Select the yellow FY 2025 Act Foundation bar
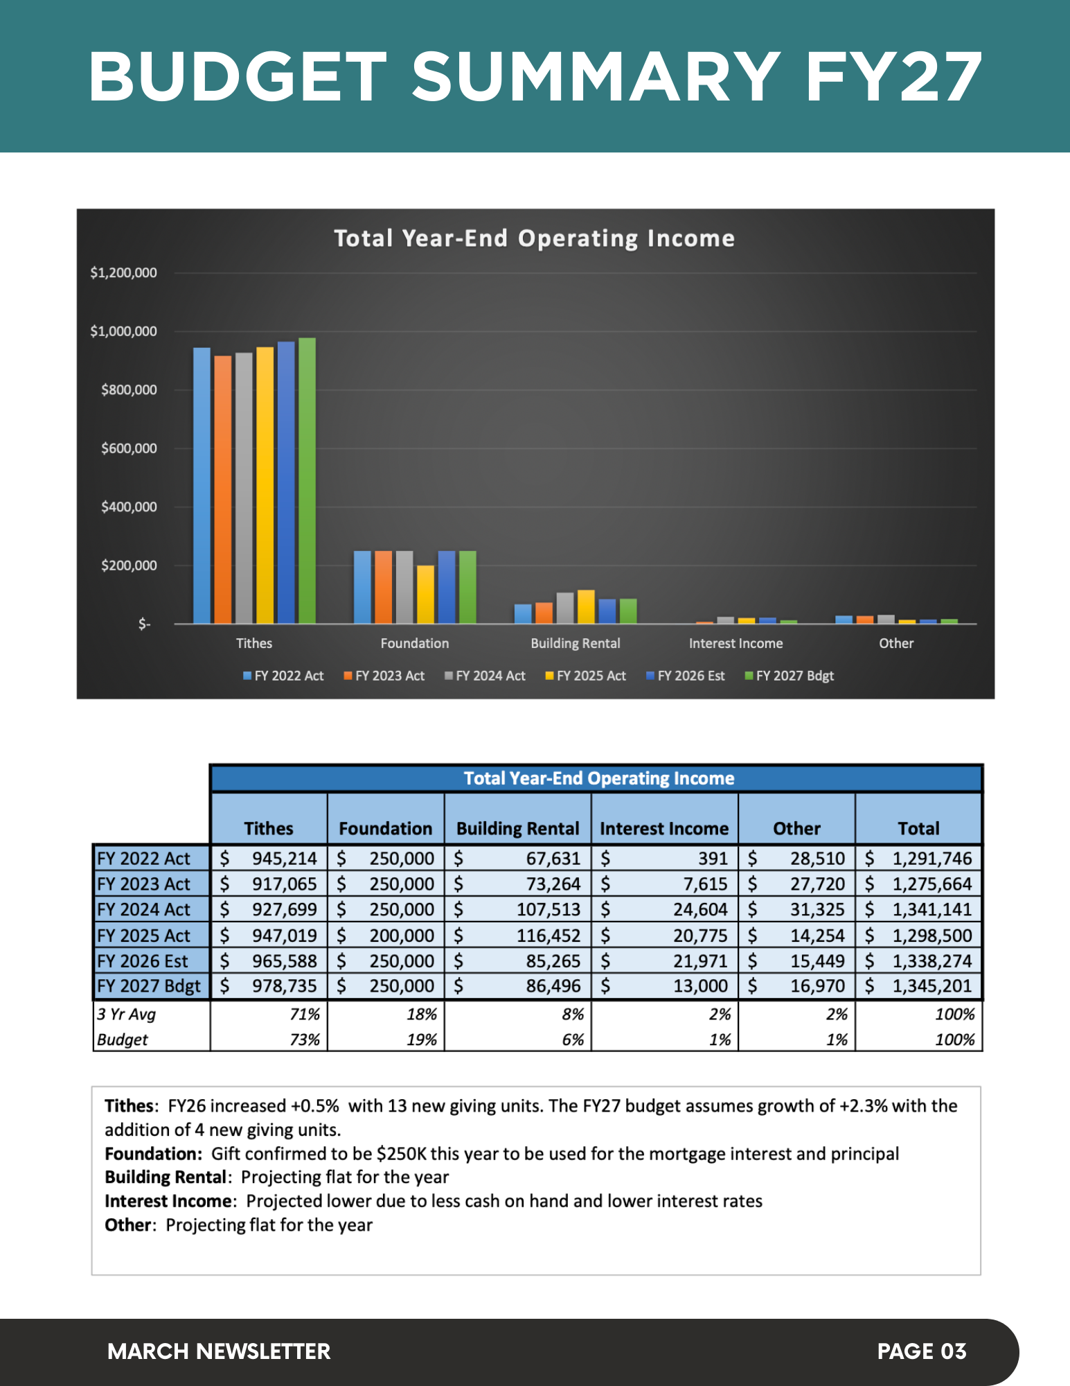click(x=425, y=595)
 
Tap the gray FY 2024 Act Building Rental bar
click(x=565, y=608)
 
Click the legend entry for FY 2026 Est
click(x=686, y=676)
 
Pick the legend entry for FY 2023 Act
click(x=384, y=676)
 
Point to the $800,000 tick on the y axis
click(x=129, y=390)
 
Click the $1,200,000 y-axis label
click(x=123, y=273)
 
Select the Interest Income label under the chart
click(x=735, y=643)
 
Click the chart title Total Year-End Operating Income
click(x=534, y=238)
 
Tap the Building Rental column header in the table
click(x=517, y=828)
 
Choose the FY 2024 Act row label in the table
click(x=143, y=909)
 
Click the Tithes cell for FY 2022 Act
click(x=269, y=859)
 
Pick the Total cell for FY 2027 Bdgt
click(x=919, y=985)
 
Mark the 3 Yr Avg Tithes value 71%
click(x=305, y=1015)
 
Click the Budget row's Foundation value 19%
click(x=422, y=1039)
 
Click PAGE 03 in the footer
click(x=921, y=1351)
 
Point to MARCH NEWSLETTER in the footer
click(x=219, y=1351)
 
